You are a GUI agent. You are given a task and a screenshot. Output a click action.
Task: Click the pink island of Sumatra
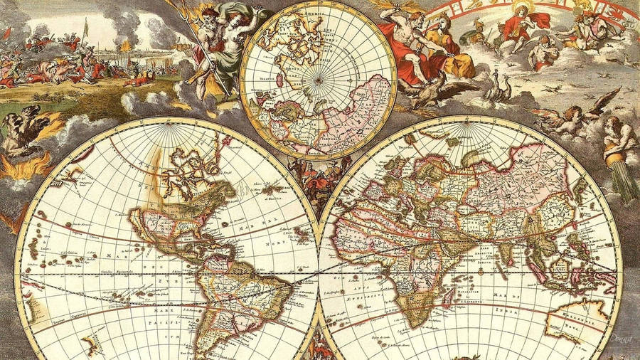(538, 268)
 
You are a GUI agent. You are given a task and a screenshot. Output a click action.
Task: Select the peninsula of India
(506, 250)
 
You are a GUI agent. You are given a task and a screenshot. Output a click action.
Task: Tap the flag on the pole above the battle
(86, 29)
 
